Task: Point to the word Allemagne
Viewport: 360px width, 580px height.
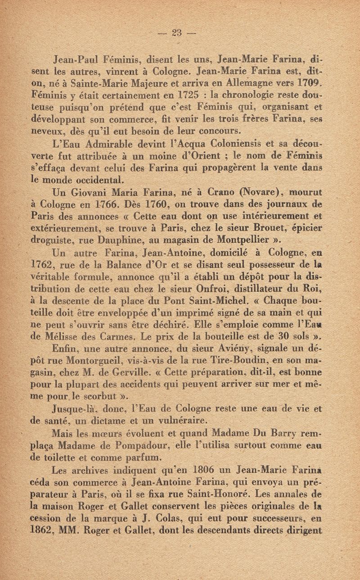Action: pos(258,84)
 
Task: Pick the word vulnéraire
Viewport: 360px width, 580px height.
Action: pos(183,422)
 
